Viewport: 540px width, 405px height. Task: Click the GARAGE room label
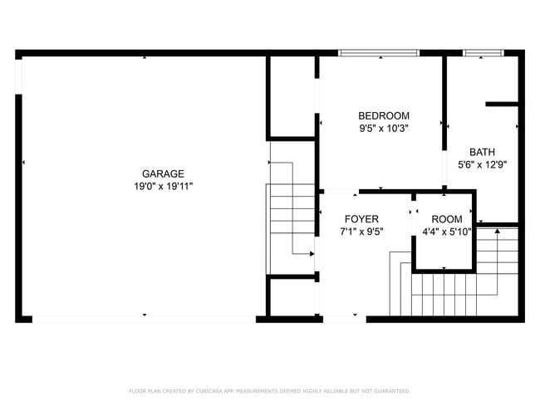(163, 173)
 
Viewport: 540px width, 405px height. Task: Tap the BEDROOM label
(384, 115)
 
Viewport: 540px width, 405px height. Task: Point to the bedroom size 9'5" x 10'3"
(384, 129)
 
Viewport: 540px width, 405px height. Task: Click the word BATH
(482, 152)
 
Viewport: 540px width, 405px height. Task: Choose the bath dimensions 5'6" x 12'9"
(482, 164)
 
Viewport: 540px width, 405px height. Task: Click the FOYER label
(361, 219)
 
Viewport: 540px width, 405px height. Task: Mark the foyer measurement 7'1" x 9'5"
(361, 232)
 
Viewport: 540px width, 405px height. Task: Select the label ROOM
(446, 219)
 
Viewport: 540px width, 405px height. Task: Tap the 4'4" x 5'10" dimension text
(446, 232)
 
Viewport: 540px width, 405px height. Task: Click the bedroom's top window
(379, 53)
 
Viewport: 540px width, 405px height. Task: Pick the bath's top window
(484, 53)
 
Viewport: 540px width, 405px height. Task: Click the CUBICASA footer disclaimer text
(269, 391)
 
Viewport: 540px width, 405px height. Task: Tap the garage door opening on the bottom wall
(145, 319)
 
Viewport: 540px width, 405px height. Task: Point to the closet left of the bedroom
(291, 95)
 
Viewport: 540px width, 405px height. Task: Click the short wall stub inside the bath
(502, 105)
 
